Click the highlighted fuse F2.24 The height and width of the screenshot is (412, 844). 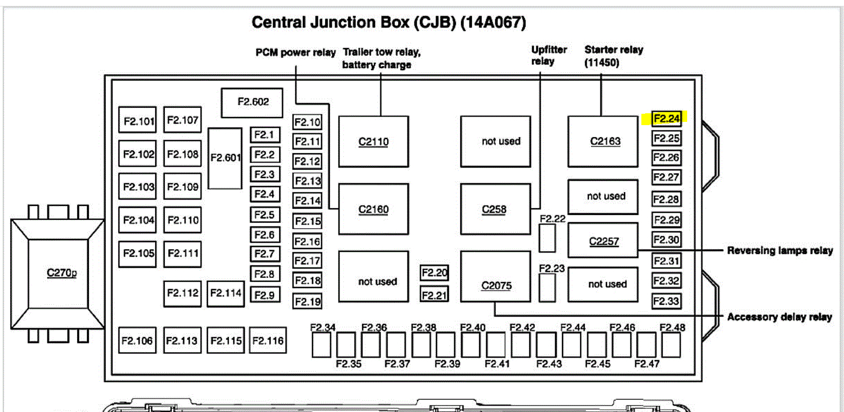click(x=666, y=119)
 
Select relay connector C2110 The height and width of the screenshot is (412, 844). click(x=373, y=141)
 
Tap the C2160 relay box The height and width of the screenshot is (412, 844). click(x=373, y=209)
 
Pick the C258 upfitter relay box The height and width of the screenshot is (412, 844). click(x=495, y=209)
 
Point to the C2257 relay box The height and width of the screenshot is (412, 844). click(x=603, y=241)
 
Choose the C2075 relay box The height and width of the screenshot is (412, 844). click(x=495, y=276)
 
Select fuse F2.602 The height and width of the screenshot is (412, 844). click(x=252, y=102)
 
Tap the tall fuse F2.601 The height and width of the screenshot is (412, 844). click(x=225, y=158)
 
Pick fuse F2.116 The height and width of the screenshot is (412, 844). click(x=267, y=341)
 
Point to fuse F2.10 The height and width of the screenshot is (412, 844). click(x=307, y=122)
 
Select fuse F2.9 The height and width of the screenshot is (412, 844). click(x=264, y=295)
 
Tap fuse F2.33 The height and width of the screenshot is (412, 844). click(x=666, y=301)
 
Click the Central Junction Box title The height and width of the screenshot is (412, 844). click(x=389, y=22)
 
